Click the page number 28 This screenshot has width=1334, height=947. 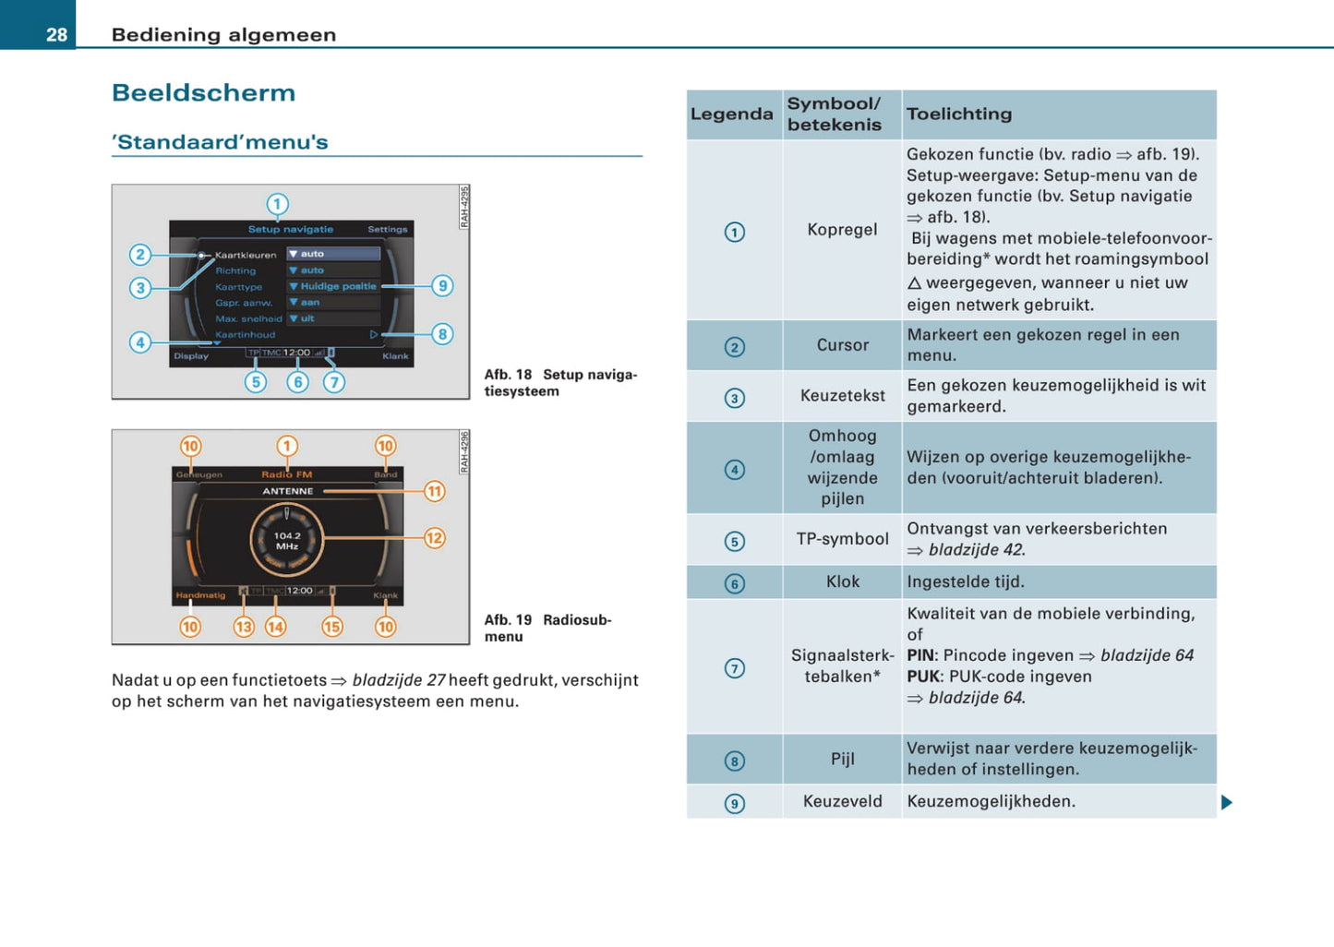56,35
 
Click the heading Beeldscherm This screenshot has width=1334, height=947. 203,93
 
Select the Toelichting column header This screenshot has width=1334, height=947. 959,114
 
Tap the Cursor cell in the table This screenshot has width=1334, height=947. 842,345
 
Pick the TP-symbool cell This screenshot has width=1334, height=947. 842,539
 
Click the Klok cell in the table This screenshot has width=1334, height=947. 842,581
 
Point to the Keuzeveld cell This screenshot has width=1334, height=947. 842,801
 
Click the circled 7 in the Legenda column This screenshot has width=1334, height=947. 735,668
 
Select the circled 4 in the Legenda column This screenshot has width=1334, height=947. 735,470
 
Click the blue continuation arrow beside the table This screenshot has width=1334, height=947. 1227,802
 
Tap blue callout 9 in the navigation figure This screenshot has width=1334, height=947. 443,286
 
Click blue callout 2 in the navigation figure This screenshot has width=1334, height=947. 140,255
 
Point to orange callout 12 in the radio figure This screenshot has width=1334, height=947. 434,538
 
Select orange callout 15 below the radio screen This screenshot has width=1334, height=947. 331,627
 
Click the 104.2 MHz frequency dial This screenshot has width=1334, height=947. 287,541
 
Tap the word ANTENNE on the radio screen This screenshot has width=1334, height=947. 288,491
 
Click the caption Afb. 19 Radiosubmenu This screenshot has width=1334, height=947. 547,628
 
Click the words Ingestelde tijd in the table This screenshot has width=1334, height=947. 966,581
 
